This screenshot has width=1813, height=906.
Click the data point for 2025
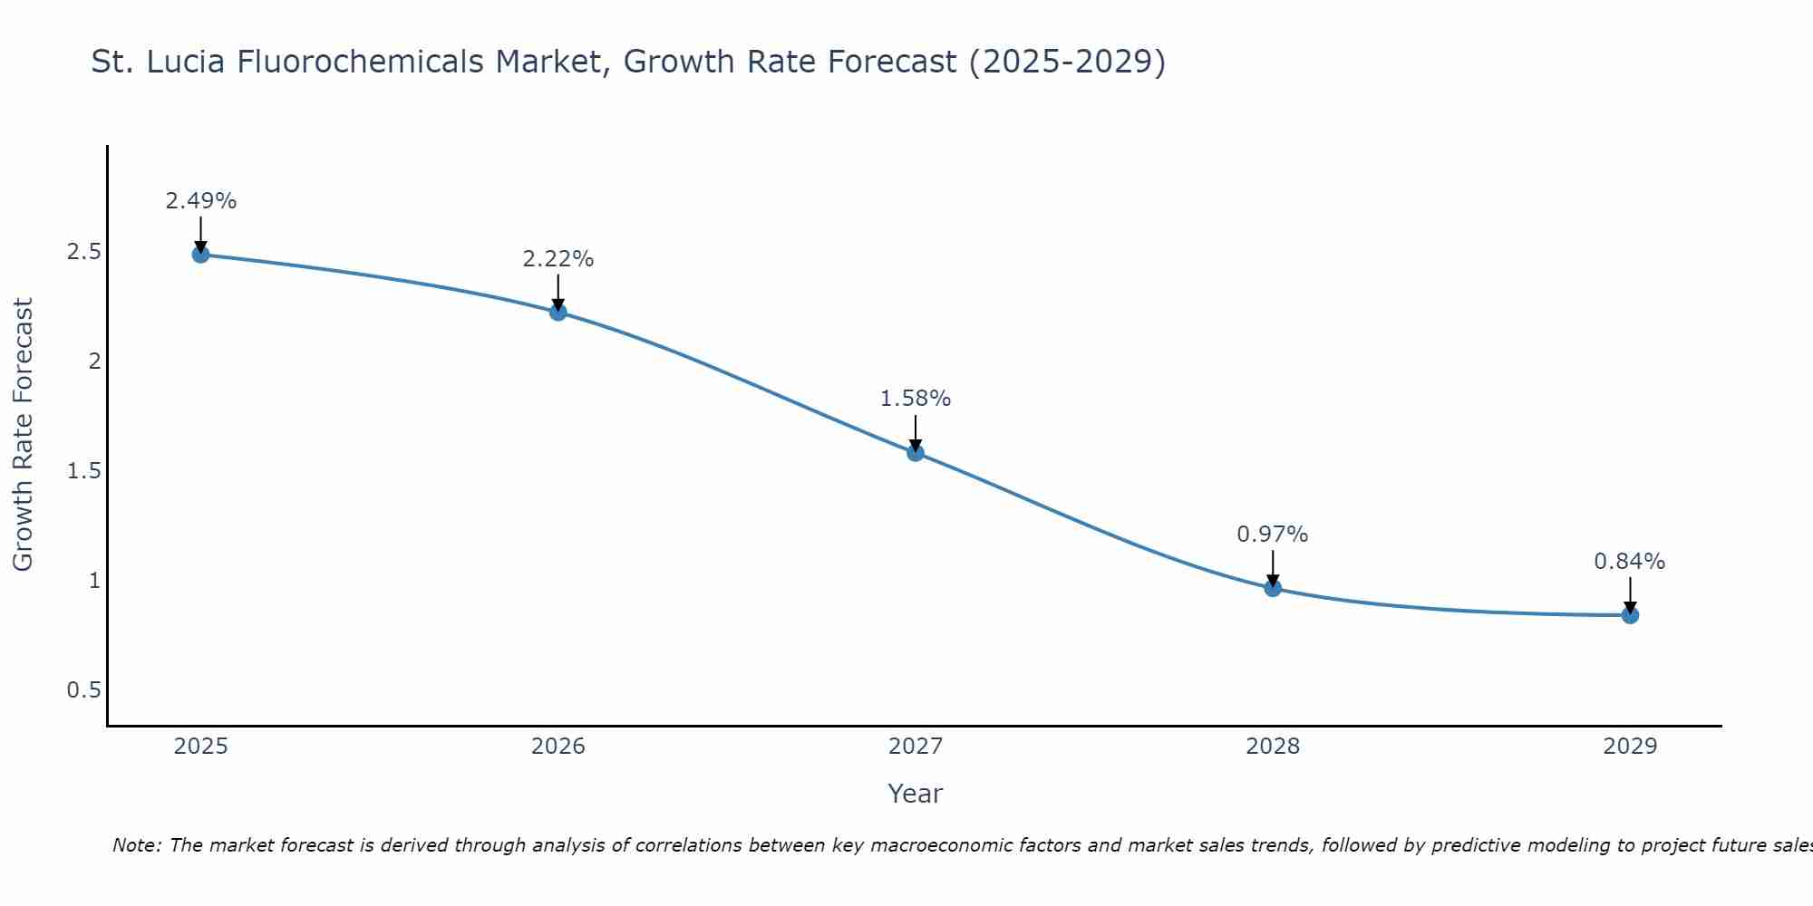201,255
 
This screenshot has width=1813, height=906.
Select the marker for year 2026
558,313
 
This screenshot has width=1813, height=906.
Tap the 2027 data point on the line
916,453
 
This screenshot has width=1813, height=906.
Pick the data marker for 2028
1273,588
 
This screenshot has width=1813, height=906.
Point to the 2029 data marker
1630,616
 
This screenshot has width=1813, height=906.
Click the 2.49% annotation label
201,201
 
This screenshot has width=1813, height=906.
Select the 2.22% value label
558,259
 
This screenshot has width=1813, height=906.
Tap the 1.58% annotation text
916,399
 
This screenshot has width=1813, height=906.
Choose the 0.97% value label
1273,535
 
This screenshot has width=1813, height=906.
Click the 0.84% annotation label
1630,562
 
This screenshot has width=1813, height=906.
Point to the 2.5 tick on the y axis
83,252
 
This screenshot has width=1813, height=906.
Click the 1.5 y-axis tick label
83,471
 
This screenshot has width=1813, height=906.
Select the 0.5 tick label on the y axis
83,690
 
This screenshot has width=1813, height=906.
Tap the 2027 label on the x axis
916,747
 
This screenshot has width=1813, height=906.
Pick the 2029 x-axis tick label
1630,747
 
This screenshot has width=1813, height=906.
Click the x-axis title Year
916,794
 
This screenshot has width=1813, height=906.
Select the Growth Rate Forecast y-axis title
23,435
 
